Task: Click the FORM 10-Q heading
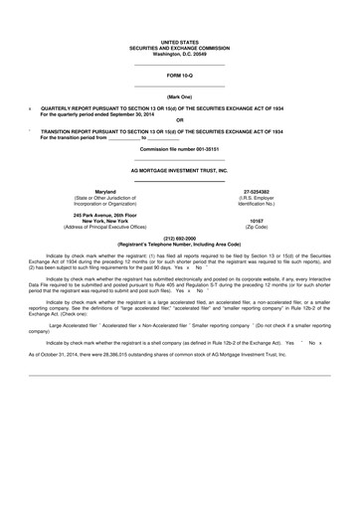coord(179,76)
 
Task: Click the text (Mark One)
coord(179,95)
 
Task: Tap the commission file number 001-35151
coord(179,148)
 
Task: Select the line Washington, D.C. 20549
coord(179,54)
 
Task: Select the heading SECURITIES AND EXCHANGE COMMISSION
coord(179,48)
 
